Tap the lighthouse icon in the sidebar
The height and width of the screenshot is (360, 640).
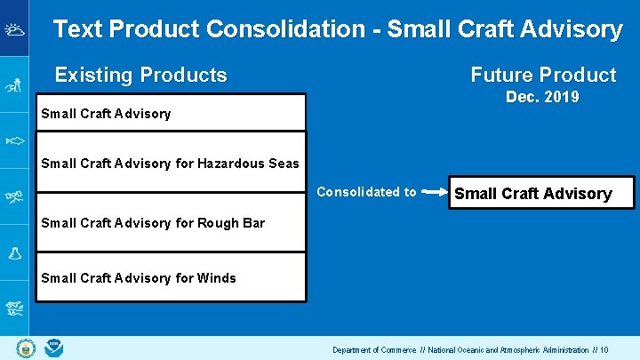pos(14,85)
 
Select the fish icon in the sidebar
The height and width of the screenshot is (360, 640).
pos(14,140)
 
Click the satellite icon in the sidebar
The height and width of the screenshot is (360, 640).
pos(14,196)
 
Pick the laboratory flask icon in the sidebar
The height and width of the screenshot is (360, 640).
pos(14,252)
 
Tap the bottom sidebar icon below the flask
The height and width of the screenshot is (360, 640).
pos(14,308)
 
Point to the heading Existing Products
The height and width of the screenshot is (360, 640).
pos(140,76)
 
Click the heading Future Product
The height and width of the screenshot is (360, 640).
pos(542,76)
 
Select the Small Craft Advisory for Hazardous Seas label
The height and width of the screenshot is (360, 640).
pos(170,163)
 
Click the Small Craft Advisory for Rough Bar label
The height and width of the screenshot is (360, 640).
pos(153,222)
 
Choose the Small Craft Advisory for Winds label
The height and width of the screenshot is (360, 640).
pos(139,278)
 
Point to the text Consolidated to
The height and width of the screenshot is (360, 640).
pos(366,192)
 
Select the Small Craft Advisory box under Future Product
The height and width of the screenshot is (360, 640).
pos(533,194)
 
